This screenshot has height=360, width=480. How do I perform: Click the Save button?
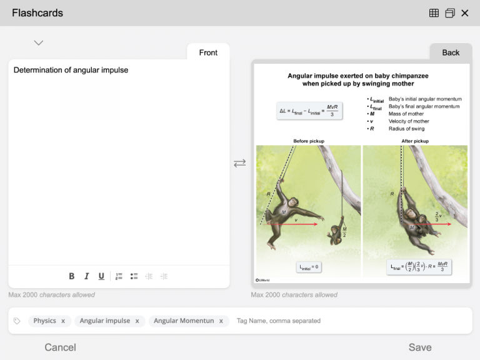419,347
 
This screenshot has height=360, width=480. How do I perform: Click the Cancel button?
60,347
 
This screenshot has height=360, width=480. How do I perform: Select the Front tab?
208,52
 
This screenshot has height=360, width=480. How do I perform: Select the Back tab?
451,52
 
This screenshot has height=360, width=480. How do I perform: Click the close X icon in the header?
464,13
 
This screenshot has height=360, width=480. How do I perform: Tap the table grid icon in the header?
434,13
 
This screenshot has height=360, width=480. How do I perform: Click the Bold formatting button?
71,276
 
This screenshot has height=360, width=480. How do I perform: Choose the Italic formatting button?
86,276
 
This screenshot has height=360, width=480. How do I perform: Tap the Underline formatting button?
101,276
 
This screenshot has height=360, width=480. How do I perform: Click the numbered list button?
119,276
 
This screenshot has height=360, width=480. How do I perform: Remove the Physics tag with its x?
63,321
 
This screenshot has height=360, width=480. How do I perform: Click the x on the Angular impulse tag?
137,321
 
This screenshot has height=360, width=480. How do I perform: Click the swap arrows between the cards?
240,163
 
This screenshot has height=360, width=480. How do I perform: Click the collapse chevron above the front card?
39,43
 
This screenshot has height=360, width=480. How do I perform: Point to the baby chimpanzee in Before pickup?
336,232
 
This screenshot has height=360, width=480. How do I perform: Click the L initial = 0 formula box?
309,267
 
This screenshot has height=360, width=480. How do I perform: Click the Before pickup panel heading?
309,141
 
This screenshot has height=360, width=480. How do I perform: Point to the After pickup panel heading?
415,141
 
